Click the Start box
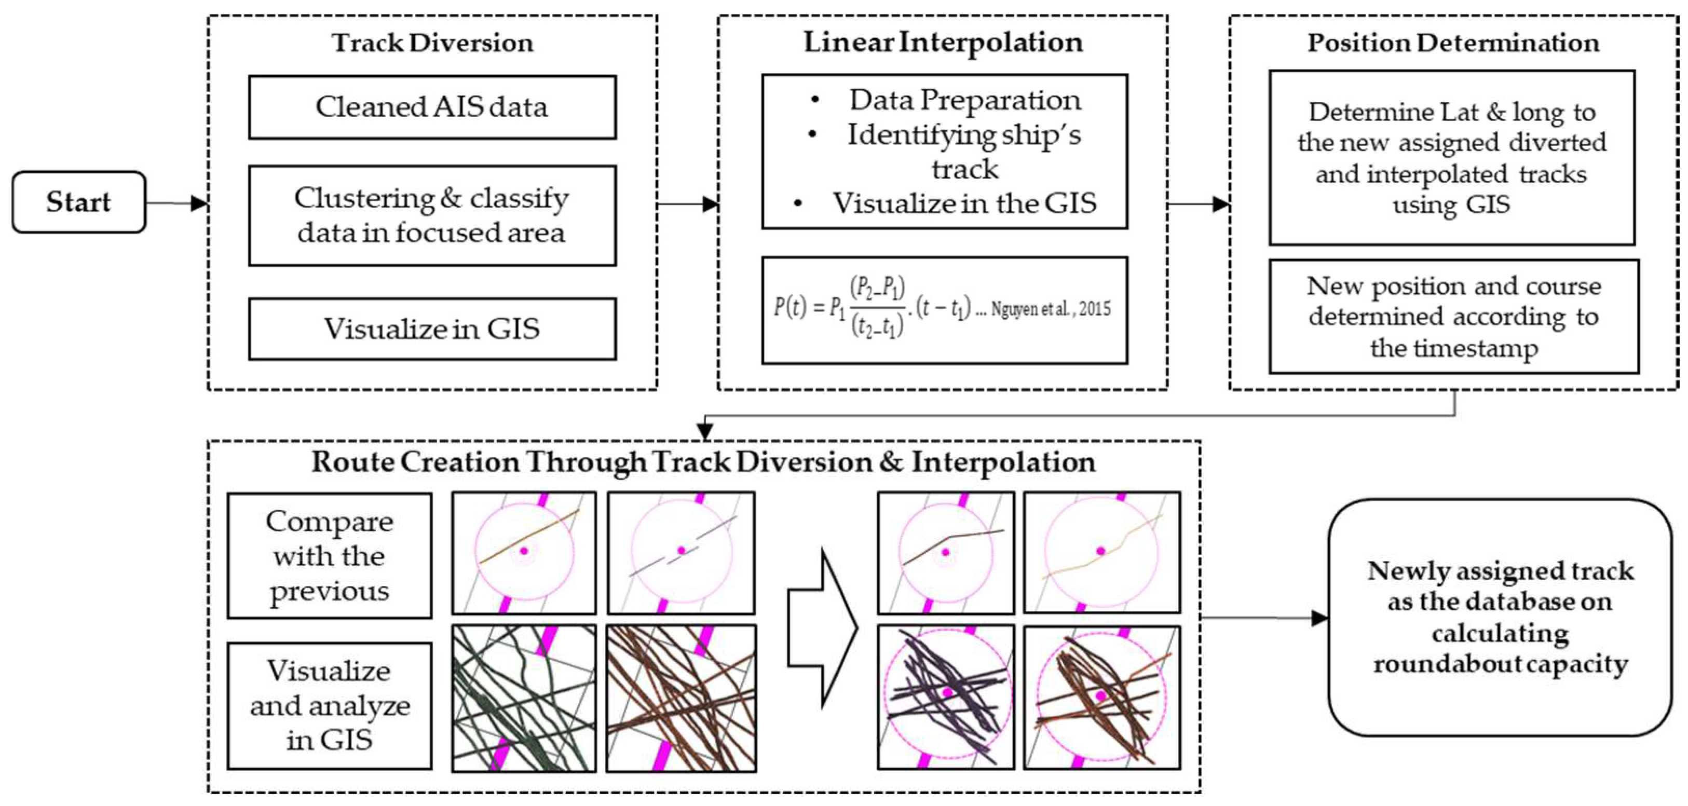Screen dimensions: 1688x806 (78, 202)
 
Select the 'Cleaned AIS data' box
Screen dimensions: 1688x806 (432, 107)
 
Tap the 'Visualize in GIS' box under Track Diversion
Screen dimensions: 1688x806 (432, 329)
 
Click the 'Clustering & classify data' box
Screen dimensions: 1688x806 (432, 215)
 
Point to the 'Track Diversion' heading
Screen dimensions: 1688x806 (432, 43)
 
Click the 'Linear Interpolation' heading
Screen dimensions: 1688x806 (943, 43)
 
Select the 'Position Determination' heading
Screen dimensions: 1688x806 (1453, 43)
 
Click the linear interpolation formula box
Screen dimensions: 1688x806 (944, 310)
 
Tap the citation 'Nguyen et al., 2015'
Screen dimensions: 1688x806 (1051, 309)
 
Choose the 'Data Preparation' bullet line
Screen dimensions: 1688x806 (964, 100)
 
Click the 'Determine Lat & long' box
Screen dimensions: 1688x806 (1452, 158)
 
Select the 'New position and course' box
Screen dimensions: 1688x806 (1454, 317)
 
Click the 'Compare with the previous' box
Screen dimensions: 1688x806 (330, 556)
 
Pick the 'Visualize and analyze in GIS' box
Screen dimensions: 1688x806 (330, 705)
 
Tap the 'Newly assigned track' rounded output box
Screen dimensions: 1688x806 (1500, 617)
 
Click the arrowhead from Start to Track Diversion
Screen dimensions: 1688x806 (199, 203)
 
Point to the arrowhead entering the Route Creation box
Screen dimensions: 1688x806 (704, 432)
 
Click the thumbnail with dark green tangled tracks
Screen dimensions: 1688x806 (524, 699)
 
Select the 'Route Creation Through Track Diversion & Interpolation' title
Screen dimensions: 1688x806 (703, 462)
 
